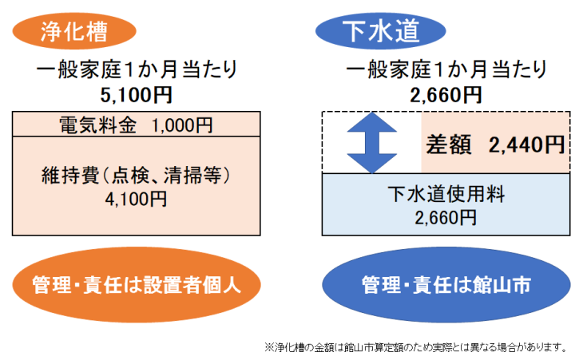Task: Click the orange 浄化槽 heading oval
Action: pyautogui.click(x=74, y=31)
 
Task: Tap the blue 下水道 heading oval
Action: pyautogui.click(x=380, y=31)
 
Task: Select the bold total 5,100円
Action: pyautogui.click(x=136, y=95)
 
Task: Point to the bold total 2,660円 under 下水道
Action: pyautogui.click(x=446, y=95)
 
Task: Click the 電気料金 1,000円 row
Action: pyautogui.click(x=136, y=124)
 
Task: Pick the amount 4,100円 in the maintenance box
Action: pyautogui.click(x=136, y=200)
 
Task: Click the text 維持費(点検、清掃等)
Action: pyautogui.click(x=136, y=175)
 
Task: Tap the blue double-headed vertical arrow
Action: pyautogui.click(x=372, y=143)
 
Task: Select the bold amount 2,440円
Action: pyautogui.click(x=527, y=144)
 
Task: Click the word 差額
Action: pyautogui.click(x=449, y=144)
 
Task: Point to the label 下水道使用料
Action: pyautogui.click(x=446, y=194)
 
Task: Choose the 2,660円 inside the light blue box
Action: pyautogui.click(x=446, y=218)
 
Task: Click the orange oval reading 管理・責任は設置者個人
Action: pyautogui.click(x=137, y=285)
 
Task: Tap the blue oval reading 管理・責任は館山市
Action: pyautogui.click(x=446, y=285)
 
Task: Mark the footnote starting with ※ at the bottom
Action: pyautogui.click(x=415, y=347)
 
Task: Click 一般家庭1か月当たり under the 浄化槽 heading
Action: pyautogui.click(x=137, y=69)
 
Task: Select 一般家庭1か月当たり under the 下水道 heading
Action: pyautogui.click(x=446, y=69)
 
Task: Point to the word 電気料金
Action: pyautogui.click(x=97, y=125)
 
